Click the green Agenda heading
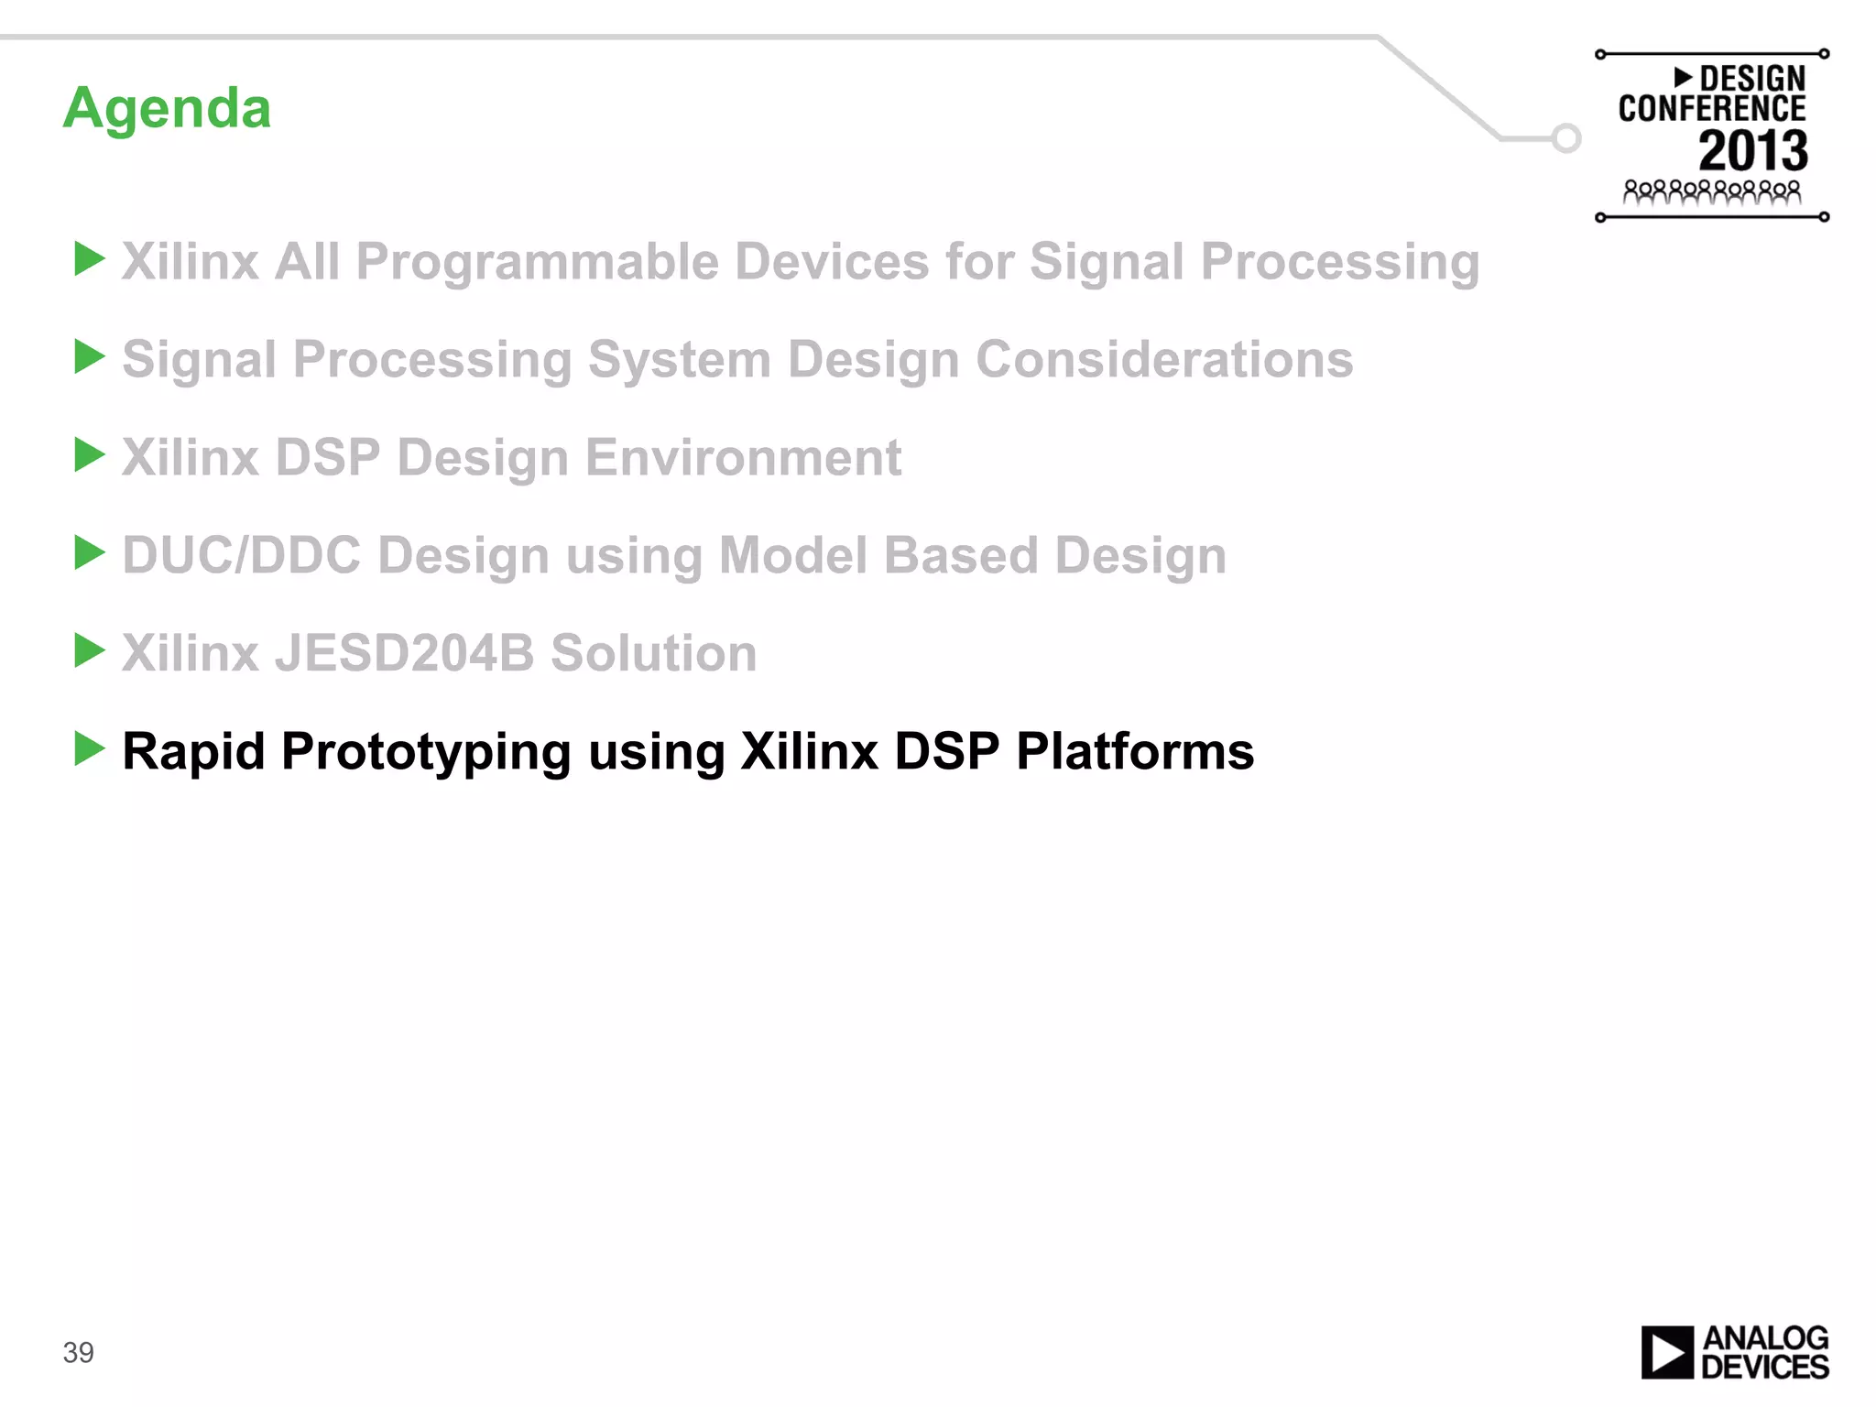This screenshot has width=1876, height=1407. click(x=167, y=109)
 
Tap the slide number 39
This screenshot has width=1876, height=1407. click(x=78, y=1352)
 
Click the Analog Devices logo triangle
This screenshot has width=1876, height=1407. click(x=1667, y=1352)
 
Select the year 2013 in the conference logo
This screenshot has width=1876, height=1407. click(x=1753, y=151)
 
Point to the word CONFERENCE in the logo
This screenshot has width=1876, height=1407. click(x=1711, y=109)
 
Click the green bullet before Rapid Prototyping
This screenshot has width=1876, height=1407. click(x=89, y=748)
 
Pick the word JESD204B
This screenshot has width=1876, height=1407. click(x=404, y=653)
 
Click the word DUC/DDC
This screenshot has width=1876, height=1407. click(x=241, y=555)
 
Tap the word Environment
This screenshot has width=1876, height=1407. click(x=743, y=457)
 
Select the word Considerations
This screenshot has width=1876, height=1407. click(x=1163, y=359)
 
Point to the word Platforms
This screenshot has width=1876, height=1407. click(x=1135, y=751)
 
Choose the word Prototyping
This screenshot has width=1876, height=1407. click(x=426, y=753)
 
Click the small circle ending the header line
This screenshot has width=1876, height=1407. click(x=1566, y=138)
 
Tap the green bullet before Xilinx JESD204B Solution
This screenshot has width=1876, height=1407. click(x=89, y=650)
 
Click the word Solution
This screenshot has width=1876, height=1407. click(x=653, y=653)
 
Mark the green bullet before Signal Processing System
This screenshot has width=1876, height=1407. click(x=89, y=356)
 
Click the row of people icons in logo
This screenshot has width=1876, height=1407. click(x=1711, y=192)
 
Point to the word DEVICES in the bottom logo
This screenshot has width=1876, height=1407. click(x=1764, y=1367)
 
